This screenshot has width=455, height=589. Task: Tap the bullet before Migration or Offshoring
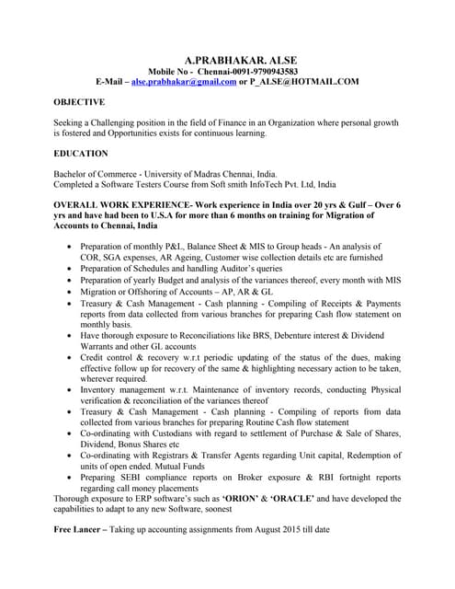pyautogui.click(x=72, y=291)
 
